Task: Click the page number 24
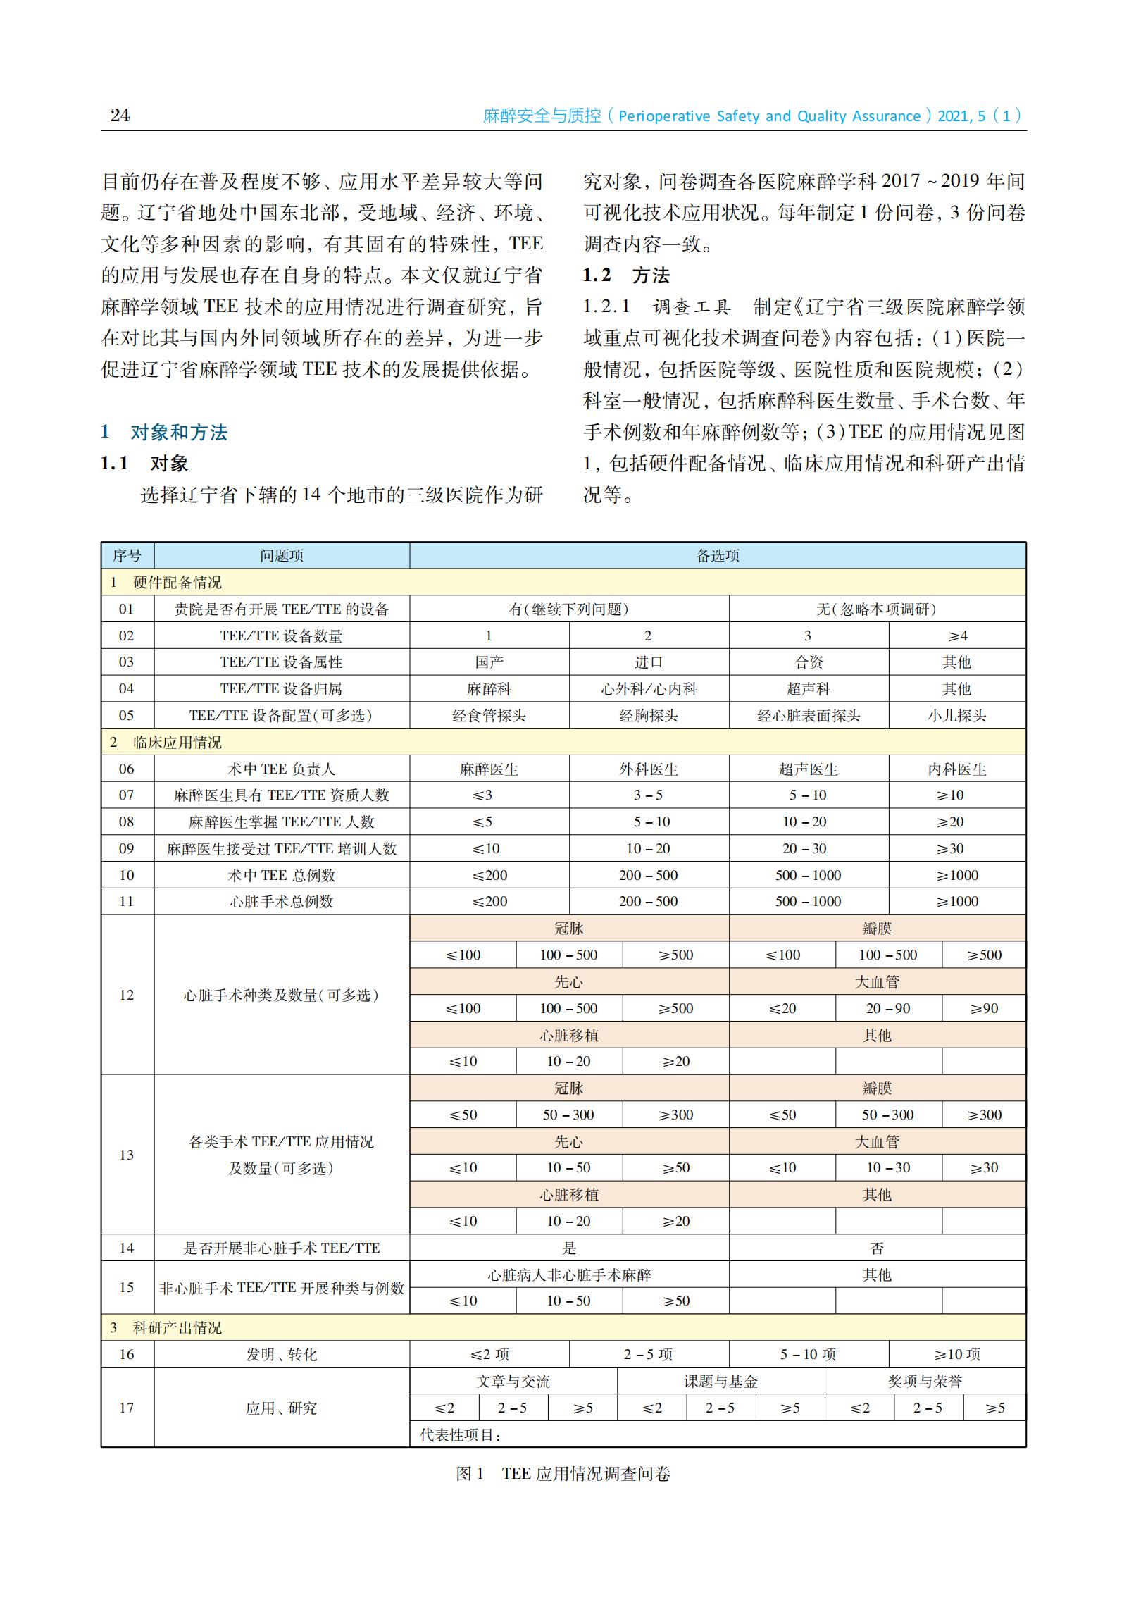pos(120,116)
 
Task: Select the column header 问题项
pos(281,556)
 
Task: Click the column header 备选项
pos(718,556)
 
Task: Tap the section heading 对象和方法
pos(179,432)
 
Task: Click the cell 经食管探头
pos(489,716)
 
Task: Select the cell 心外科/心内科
pos(649,688)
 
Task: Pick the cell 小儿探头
pos(957,716)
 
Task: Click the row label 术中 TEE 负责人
pos(281,769)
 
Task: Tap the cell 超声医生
pos(808,769)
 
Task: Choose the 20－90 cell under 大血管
pos(888,1008)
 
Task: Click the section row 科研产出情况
pos(177,1328)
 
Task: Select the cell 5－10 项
pos(808,1355)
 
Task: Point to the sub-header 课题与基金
pos(720,1382)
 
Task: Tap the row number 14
pos(127,1248)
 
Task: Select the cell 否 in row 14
pos(877,1248)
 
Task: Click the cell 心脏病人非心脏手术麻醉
pos(569,1275)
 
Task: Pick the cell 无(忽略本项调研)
pos(877,609)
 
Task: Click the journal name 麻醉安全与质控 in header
pos(542,116)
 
